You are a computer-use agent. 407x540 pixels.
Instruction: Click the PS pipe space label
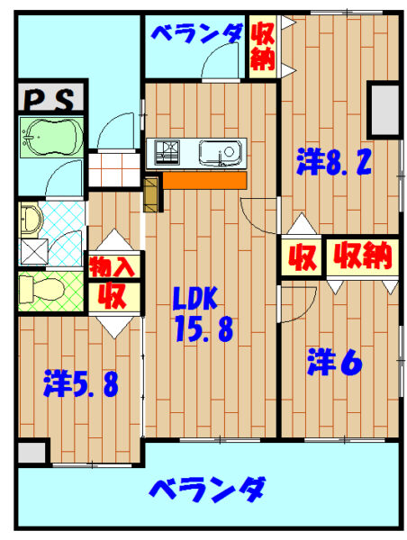[50, 99]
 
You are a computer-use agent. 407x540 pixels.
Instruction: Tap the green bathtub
[51, 138]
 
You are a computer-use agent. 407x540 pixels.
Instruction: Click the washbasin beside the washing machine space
[31, 220]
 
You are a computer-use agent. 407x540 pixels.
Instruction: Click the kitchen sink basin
[221, 153]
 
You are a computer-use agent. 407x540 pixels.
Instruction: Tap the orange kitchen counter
[204, 180]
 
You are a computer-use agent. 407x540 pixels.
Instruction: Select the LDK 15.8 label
[203, 314]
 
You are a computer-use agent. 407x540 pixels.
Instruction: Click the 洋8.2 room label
[333, 162]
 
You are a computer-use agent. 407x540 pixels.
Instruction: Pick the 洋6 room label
[334, 362]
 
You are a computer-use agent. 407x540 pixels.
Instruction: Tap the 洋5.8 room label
[81, 383]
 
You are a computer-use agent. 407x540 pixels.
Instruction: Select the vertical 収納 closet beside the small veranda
[263, 47]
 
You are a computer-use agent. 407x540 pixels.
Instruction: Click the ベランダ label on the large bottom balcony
[207, 489]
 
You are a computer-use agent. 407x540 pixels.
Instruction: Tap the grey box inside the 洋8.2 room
[384, 109]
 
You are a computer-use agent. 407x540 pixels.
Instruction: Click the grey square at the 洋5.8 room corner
[32, 453]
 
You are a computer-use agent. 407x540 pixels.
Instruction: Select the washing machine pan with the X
[34, 252]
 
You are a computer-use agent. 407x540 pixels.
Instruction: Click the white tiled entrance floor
[114, 170]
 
